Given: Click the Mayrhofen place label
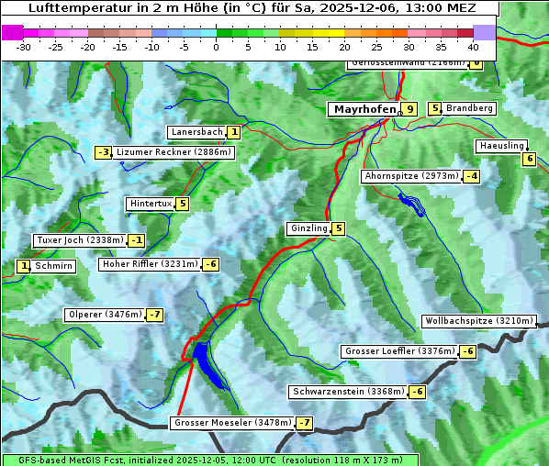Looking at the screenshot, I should point(364,109).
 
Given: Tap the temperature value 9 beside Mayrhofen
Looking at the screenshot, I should point(409,109).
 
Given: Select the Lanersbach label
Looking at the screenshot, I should point(196,132).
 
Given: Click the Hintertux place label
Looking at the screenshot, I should point(151,204).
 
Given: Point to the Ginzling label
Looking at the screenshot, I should point(308,228).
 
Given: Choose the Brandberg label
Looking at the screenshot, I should point(469,108).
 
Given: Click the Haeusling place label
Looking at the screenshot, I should point(501,146).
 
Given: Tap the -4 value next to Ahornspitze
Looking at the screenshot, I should point(472,176).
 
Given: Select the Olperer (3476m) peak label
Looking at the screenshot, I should point(105,315).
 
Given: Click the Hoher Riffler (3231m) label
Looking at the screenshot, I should point(149,264).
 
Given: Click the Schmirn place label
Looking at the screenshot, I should point(54,266).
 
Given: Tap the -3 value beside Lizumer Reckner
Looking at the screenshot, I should point(104,152).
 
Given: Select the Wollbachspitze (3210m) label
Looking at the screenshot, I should point(477,321).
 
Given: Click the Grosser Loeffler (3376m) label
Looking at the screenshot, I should point(399,351).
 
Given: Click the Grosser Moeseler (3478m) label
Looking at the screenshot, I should point(232,423).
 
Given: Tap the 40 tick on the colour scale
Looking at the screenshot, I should point(473,47).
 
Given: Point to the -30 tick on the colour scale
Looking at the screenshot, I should point(24,47).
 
